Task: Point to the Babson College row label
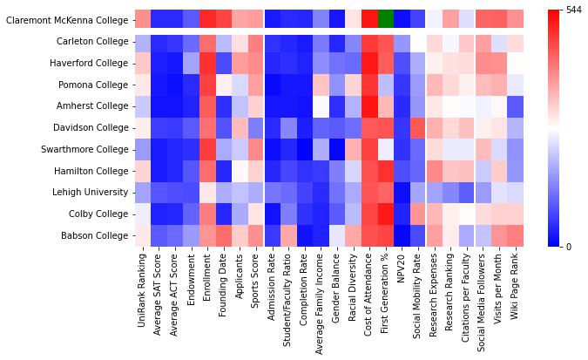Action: point(92,235)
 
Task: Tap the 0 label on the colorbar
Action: point(569,247)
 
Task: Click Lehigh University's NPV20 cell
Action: point(401,192)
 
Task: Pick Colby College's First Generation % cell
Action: point(385,214)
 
